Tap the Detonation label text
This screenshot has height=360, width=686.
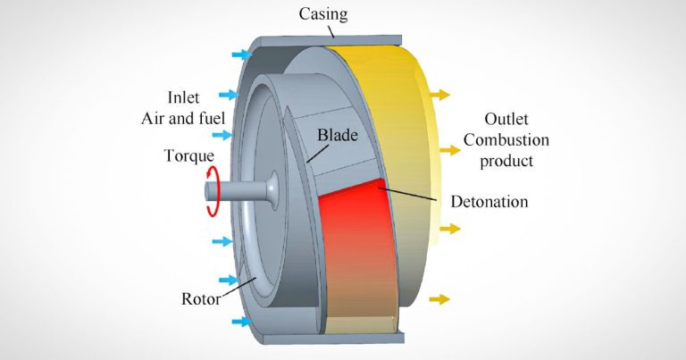click(x=487, y=202)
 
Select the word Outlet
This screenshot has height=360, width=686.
click(x=510, y=119)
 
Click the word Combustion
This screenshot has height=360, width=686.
click(x=518, y=140)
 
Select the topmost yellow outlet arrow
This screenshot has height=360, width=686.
click(x=440, y=94)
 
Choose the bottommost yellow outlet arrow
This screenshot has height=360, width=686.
click(x=440, y=298)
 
